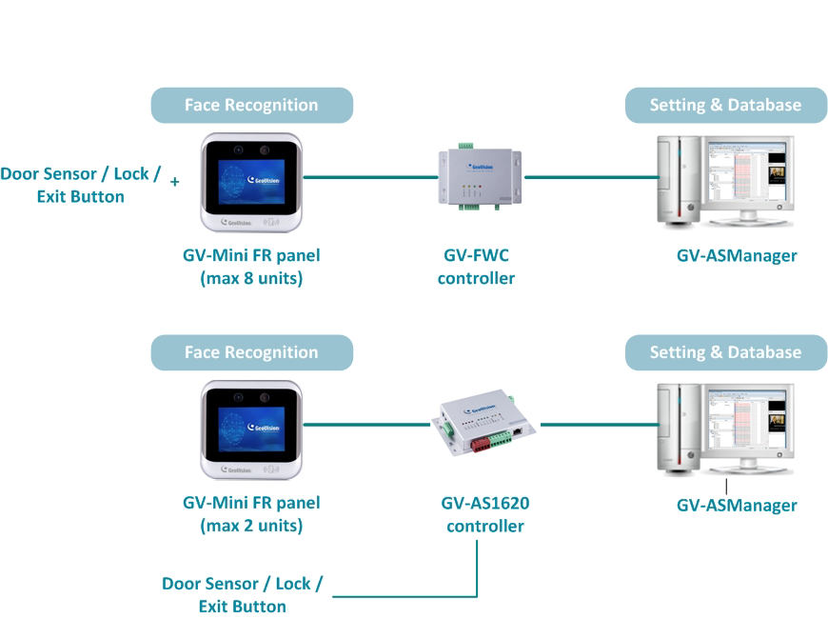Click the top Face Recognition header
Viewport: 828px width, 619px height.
[x=251, y=105]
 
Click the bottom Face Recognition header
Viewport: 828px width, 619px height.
[x=251, y=352]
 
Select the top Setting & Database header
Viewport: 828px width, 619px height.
[x=725, y=105]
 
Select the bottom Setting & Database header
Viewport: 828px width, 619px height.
[x=725, y=352]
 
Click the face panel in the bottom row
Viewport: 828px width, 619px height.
[x=251, y=429]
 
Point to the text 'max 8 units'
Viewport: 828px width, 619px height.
[x=251, y=278]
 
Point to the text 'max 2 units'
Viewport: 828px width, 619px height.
[x=251, y=526]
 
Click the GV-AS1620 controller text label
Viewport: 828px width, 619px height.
[x=485, y=514]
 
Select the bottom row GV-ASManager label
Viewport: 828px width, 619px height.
[x=736, y=506]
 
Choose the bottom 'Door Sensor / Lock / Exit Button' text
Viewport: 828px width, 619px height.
[x=242, y=595]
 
